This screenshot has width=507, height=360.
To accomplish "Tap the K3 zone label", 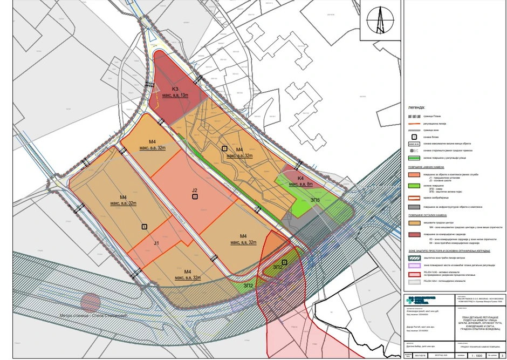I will [175, 89].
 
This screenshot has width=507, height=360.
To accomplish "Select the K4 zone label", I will [300, 179].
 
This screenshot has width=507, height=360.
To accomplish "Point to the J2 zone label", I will [195, 190].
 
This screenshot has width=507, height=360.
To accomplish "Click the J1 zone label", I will [156, 243].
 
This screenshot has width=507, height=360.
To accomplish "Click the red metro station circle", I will [90, 302].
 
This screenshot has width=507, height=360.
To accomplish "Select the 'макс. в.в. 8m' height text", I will [302, 185].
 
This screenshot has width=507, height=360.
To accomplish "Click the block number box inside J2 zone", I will [195, 197].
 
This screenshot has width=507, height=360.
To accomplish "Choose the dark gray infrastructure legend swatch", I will [414, 207].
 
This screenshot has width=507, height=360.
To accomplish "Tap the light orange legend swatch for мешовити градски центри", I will [414, 222].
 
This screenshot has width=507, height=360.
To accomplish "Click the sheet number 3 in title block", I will [502, 355].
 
